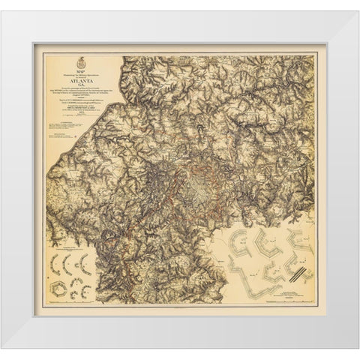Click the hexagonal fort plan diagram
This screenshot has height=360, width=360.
pos(58,289)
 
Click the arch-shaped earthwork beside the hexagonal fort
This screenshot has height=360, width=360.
pos(79,289)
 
